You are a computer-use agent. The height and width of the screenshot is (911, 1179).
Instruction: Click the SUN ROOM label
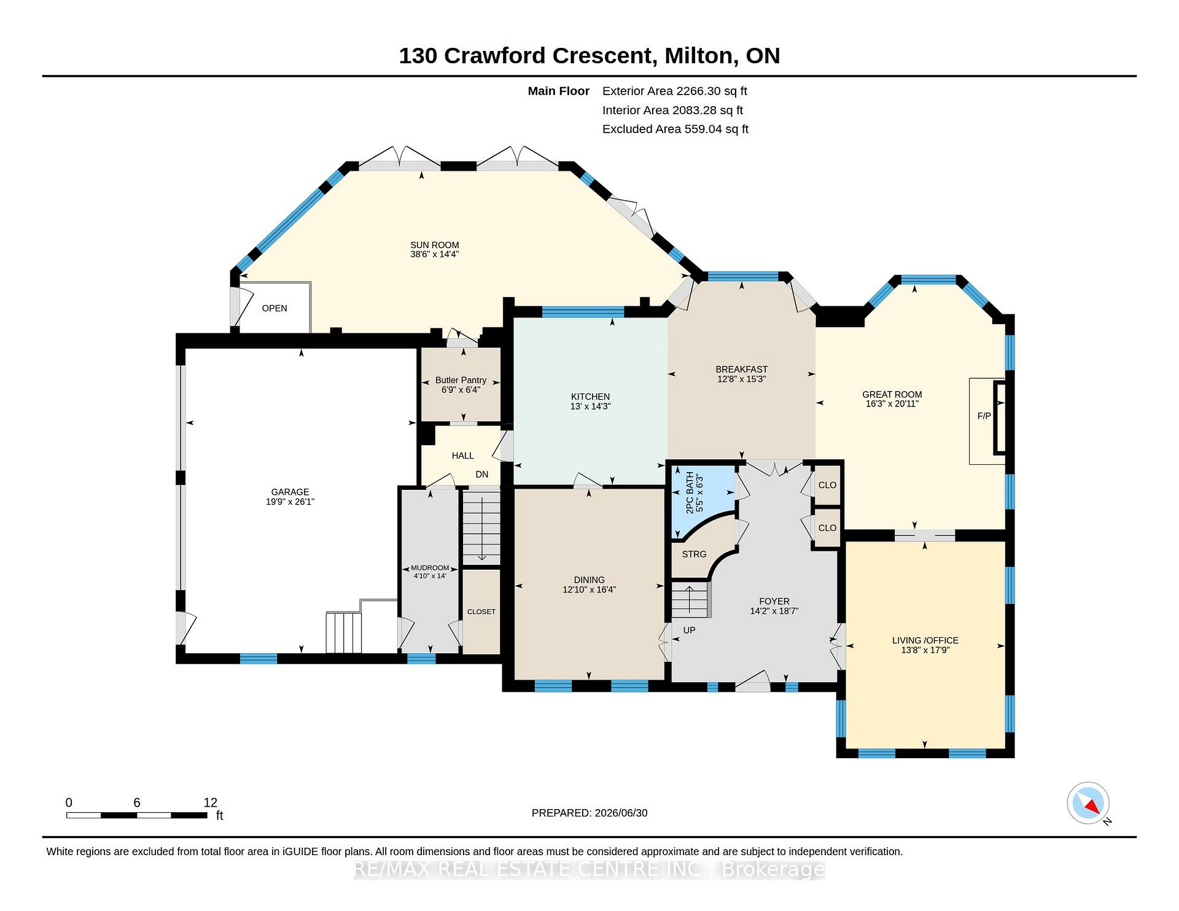[435, 245]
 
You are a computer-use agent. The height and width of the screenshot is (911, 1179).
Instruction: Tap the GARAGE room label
[290, 492]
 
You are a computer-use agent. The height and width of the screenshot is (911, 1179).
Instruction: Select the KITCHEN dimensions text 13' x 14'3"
[590, 406]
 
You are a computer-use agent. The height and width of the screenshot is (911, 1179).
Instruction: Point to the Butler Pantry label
[461, 380]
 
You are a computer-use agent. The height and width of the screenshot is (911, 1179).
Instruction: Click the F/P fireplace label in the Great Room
[984, 416]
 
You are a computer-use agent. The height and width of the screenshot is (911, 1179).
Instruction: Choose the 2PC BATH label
[690, 492]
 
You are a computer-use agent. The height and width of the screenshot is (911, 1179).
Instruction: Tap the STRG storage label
[694, 554]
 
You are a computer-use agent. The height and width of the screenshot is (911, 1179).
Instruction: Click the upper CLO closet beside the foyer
[827, 485]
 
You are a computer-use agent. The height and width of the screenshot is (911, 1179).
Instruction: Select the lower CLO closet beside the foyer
[827, 528]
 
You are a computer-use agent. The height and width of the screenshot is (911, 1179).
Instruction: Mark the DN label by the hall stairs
[482, 475]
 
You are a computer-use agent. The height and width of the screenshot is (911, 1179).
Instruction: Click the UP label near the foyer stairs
[689, 630]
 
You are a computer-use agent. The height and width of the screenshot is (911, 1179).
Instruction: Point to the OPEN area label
[274, 308]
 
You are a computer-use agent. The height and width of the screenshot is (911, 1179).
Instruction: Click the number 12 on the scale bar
[211, 802]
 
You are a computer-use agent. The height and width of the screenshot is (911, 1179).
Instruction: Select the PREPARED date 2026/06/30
[621, 813]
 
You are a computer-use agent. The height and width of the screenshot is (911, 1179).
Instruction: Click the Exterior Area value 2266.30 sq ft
[712, 91]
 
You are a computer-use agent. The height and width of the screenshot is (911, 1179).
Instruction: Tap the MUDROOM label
[430, 568]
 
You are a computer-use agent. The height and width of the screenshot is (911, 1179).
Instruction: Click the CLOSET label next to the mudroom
[481, 611]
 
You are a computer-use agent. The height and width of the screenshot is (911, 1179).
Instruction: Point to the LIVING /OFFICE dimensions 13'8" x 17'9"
[925, 650]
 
